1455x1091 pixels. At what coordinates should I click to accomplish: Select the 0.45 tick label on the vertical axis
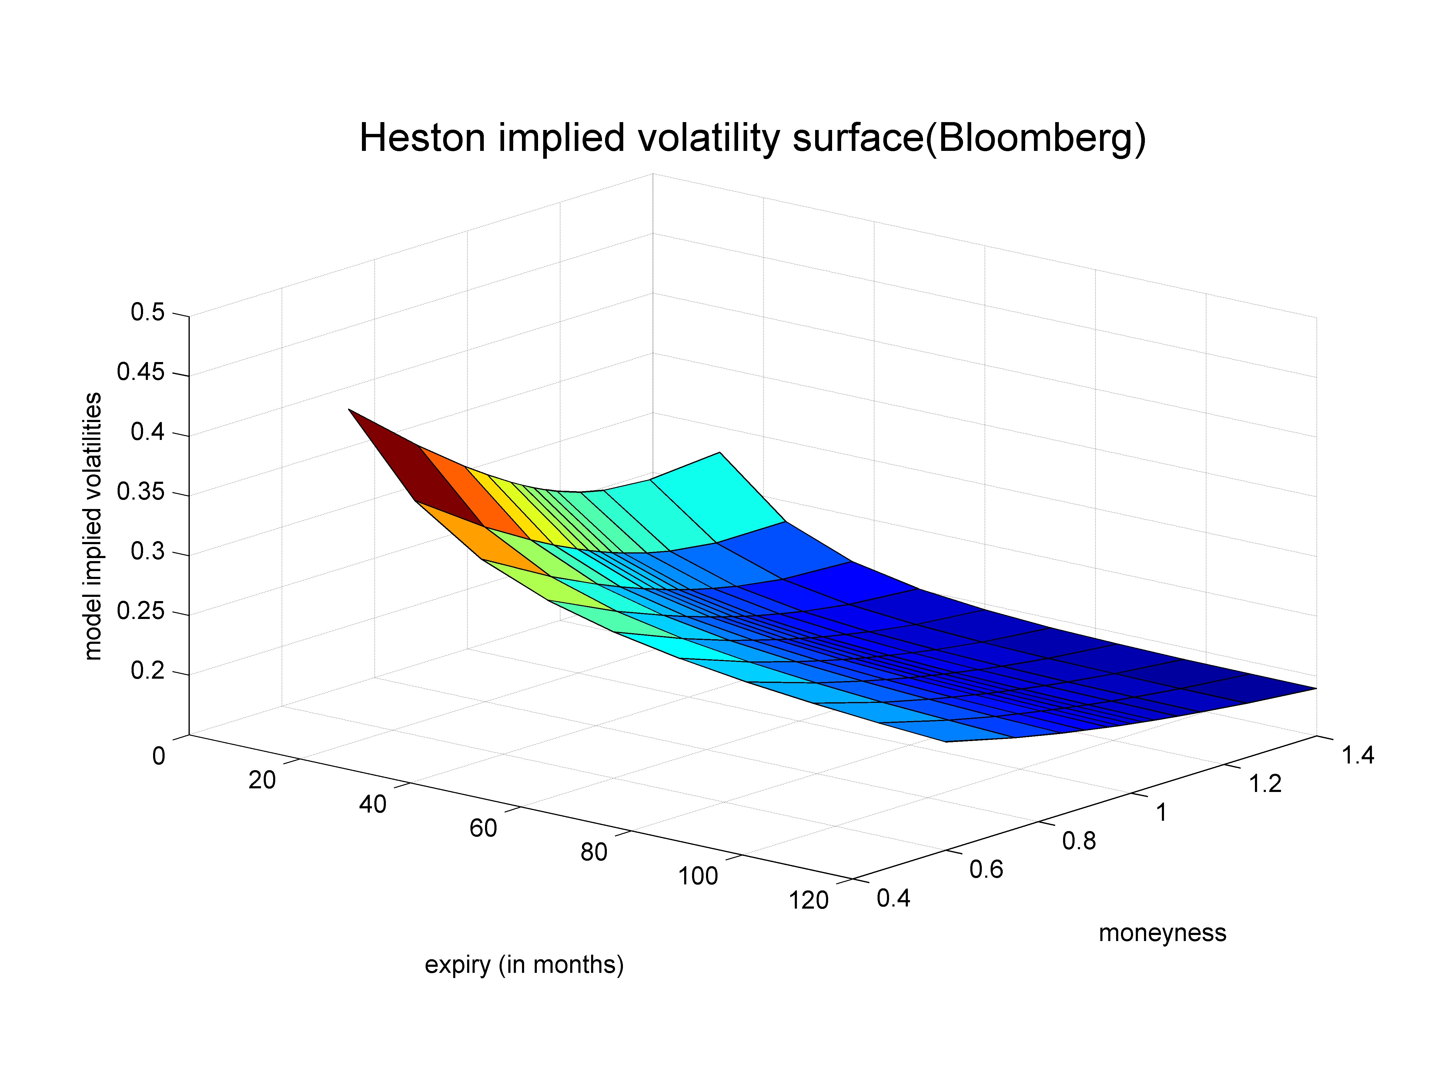point(141,372)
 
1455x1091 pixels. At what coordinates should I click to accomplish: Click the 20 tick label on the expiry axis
point(262,780)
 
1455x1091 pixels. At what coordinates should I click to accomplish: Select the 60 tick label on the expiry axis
point(483,829)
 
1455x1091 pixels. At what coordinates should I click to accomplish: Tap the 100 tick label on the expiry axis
point(698,876)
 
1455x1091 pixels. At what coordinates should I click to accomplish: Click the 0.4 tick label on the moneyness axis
point(893,898)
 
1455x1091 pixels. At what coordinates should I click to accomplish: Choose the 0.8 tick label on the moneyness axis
point(1079,841)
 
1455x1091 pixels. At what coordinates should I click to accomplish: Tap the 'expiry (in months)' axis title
point(523,965)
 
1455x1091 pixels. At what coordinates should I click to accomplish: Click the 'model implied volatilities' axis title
point(93,526)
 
